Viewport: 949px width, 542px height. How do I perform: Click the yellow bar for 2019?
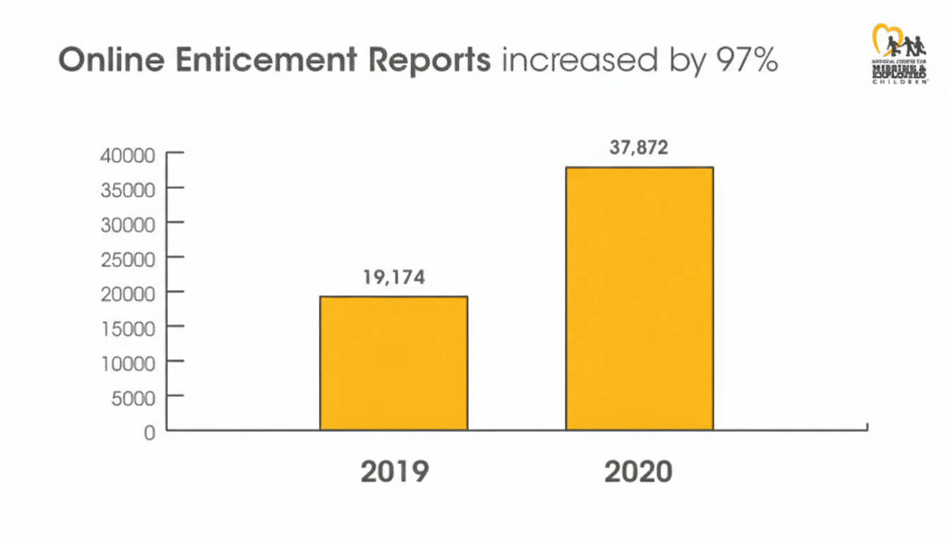393,363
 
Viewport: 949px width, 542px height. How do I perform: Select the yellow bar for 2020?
639,298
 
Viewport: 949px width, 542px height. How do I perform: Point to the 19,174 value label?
394,277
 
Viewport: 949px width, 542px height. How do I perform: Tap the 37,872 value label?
639,148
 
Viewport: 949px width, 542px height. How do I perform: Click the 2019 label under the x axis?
394,472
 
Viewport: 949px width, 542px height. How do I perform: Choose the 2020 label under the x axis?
638,472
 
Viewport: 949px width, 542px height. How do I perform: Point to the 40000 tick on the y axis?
129,155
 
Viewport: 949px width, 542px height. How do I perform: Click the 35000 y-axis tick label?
129,190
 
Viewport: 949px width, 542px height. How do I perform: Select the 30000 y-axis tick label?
129,224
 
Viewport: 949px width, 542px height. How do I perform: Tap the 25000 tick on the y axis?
129,259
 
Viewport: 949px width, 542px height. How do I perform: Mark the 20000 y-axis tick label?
129,294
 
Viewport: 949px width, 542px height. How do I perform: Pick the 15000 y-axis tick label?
129,328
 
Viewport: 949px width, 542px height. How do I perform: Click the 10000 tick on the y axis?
129,363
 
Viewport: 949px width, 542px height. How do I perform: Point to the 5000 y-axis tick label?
133,397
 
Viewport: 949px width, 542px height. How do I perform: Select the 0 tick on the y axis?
148,432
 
